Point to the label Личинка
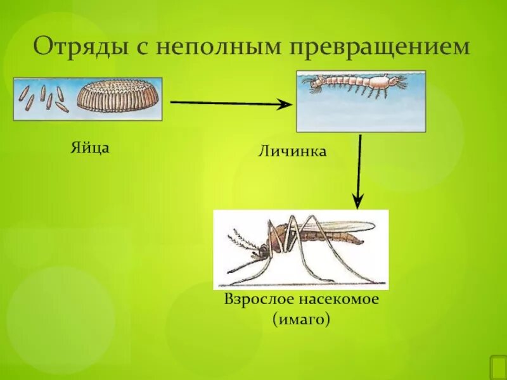click(x=292, y=152)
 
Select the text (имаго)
click(x=301, y=320)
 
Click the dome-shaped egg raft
click(x=119, y=98)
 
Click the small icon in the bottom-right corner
click(x=497, y=367)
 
